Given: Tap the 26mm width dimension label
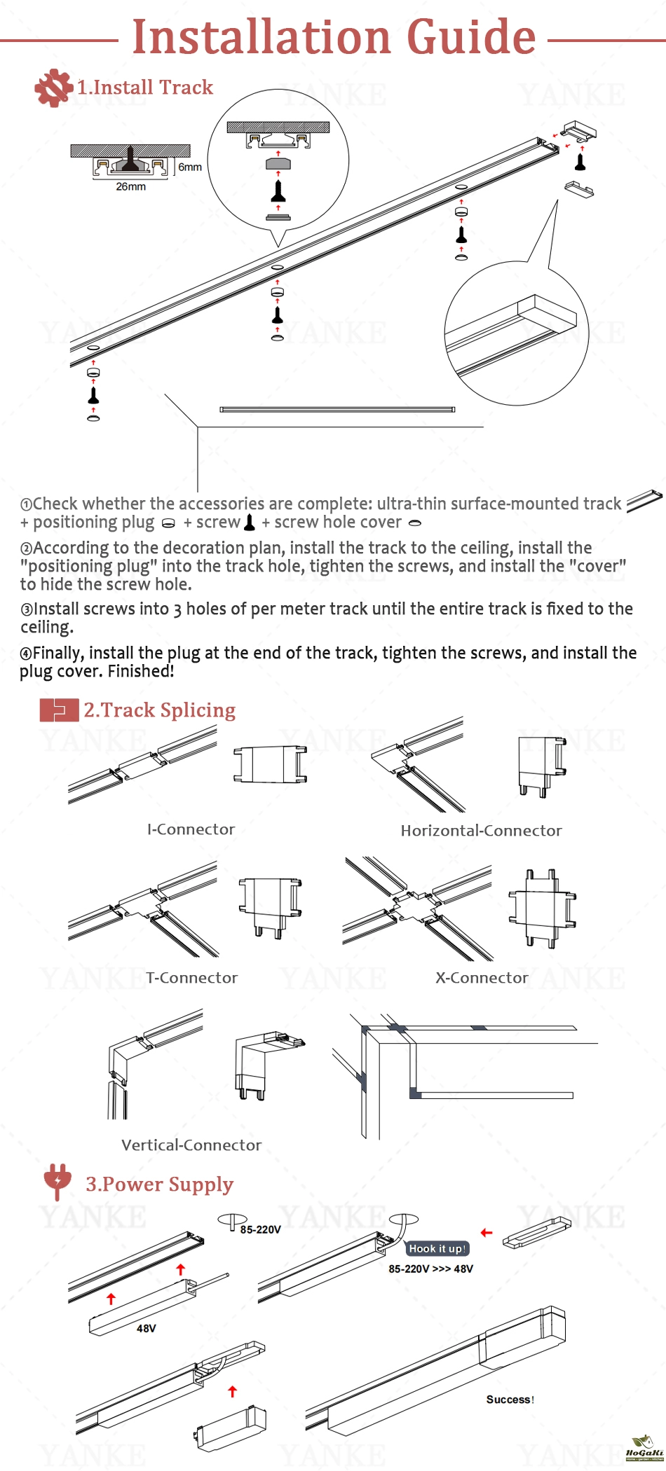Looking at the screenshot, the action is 131,186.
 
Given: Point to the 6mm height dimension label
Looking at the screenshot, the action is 189,167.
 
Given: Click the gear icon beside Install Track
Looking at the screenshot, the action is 53,88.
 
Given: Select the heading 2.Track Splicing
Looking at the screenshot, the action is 159,710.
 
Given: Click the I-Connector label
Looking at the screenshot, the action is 191,829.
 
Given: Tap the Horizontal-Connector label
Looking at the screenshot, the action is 481,831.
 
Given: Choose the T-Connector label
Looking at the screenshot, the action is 192,978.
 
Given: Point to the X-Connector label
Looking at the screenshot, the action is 482,978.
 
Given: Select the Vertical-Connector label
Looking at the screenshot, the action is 191,1145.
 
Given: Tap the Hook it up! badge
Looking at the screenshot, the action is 437,1249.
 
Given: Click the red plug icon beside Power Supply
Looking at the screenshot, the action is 57,1182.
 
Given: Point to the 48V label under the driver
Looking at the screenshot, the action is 146,1328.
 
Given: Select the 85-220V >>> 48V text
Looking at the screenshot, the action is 430,1269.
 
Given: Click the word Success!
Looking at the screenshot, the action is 510,1400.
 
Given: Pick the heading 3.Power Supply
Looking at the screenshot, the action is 159,1184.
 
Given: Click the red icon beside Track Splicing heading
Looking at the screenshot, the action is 59,710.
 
